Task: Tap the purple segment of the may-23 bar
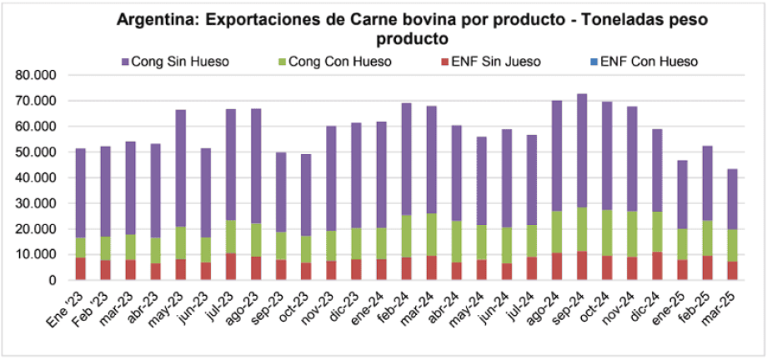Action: coord(181,167)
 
